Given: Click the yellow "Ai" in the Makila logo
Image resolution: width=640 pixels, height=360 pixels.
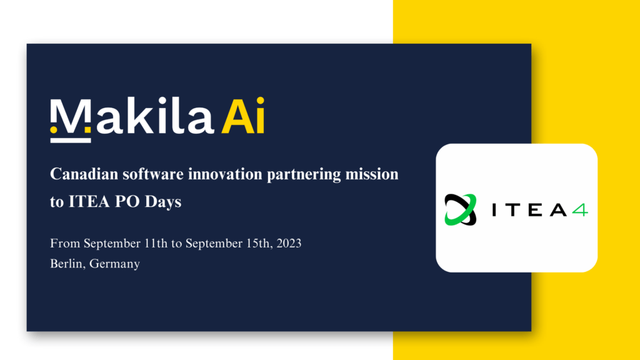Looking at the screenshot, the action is (243, 116).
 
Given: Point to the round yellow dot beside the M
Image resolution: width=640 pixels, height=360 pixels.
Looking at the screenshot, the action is (54, 130).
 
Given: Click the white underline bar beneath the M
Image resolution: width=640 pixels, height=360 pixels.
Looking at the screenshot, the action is (71, 141).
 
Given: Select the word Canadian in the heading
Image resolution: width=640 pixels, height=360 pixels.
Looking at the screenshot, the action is (84, 174).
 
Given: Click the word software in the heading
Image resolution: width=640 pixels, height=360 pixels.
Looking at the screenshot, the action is (153, 174).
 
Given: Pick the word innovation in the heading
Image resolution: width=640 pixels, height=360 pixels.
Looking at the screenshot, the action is (225, 174).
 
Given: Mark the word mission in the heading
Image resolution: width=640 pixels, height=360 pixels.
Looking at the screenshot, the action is (372, 174).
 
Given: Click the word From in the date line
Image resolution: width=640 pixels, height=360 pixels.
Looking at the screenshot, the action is (65, 243).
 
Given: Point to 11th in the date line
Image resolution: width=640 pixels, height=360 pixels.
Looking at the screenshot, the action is (156, 243).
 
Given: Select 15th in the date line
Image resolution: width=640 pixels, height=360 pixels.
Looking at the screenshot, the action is (258, 243).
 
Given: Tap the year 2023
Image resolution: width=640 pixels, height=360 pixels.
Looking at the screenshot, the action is (289, 243).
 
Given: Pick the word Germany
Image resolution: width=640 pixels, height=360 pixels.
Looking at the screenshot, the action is (115, 264).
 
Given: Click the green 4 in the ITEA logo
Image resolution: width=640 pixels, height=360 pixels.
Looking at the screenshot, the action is (579, 210).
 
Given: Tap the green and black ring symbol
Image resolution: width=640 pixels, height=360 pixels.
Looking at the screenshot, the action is (461, 210).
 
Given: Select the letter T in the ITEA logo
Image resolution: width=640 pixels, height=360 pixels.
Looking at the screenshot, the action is (516, 210).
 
